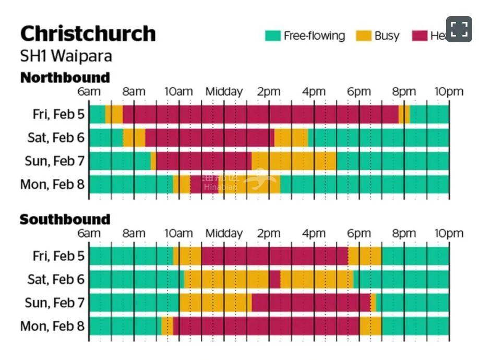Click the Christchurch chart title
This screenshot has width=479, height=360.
click(88, 33)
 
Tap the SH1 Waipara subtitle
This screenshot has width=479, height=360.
click(66, 55)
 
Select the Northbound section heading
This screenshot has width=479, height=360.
click(65, 78)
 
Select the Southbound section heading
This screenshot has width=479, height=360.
click(65, 220)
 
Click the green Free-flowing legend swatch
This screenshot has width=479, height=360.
click(272, 36)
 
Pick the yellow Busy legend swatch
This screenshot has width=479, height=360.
click(364, 36)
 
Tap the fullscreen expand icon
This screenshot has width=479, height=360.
click(459, 29)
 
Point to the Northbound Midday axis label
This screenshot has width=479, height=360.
click(224, 92)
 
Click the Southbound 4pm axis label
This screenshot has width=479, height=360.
click(314, 233)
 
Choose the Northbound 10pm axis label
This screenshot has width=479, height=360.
click(449, 92)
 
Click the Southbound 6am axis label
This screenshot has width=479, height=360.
click(89, 233)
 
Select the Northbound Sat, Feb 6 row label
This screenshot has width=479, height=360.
click(55, 138)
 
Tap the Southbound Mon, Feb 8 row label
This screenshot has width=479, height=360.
click(52, 327)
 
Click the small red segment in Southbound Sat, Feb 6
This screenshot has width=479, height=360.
click(274, 279)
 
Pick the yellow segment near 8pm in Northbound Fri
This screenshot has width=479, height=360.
click(404, 114)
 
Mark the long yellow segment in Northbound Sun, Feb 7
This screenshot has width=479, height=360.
click(294, 161)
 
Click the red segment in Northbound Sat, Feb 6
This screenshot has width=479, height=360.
click(209, 138)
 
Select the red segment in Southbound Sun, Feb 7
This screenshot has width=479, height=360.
click(311, 303)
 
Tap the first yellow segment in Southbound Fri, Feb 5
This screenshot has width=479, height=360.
click(187, 256)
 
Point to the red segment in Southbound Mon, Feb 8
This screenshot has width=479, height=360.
click(266, 327)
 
